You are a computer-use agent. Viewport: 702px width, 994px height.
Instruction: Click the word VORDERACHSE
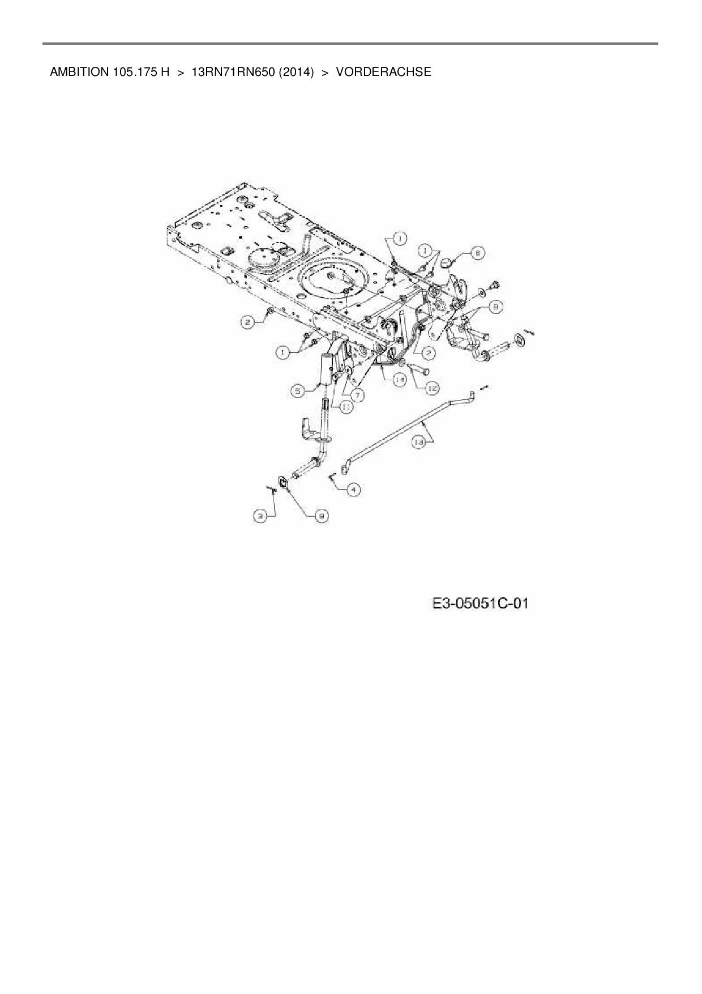[x=383, y=72]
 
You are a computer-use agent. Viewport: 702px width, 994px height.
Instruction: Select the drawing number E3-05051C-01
[x=480, y=604]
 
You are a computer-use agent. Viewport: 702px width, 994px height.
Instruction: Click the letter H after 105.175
[x=165, y=72]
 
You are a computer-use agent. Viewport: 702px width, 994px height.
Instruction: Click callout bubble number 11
[x=345, y=406]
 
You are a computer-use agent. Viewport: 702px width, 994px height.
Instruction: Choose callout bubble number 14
[x=400, y=380]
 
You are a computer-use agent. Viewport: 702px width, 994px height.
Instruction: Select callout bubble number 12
[x=431, y=388]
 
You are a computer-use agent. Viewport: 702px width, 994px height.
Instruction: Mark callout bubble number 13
[x=418, y=443]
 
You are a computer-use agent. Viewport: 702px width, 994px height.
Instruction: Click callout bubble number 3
[x=260, y=516]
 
